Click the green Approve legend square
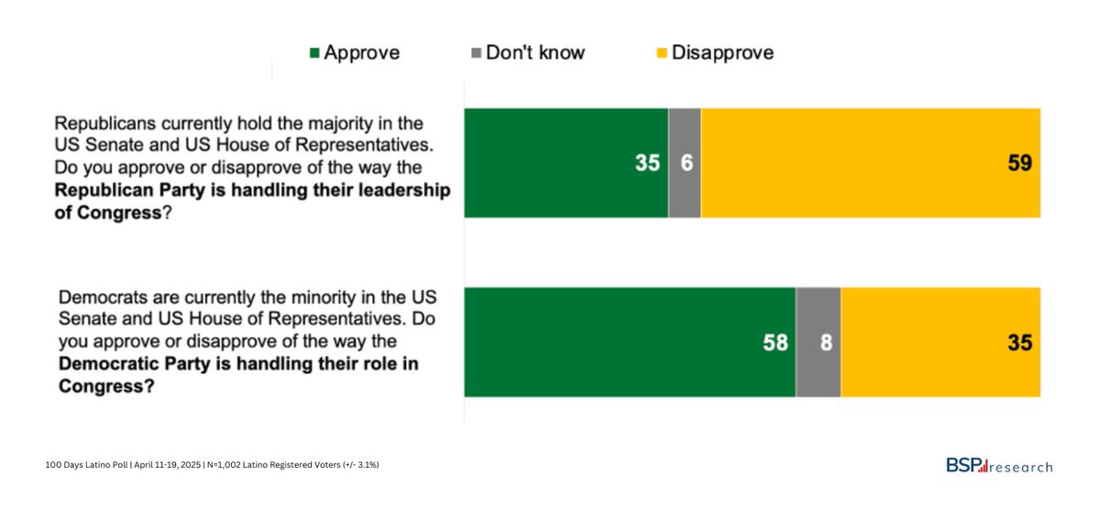[314, 53]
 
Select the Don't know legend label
[534, 52]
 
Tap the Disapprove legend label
[722, 52]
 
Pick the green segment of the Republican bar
[566, 163]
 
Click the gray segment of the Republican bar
[685, 163]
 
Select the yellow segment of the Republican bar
[871, 163]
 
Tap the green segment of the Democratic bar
[630, 342]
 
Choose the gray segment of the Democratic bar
[818, 342]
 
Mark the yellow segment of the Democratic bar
[940, 342]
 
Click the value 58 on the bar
[775, 343]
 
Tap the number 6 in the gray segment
[685, 163]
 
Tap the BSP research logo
[998, 466]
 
